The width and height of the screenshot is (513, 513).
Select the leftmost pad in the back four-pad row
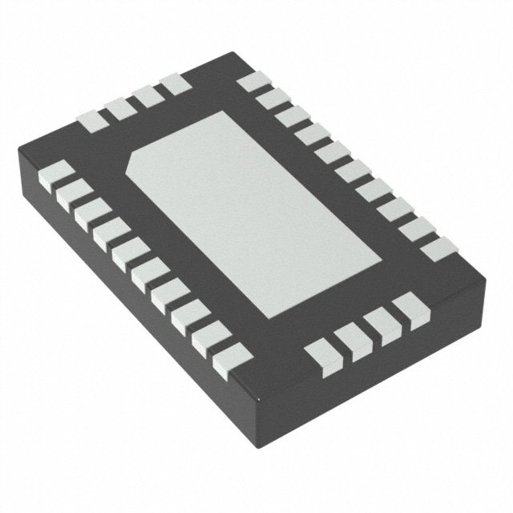tap(90, 121)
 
